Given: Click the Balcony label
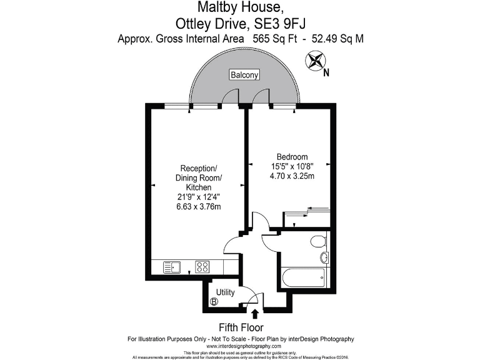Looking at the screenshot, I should (x=244, y=75).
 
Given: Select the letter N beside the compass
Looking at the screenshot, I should (x=326, y=71).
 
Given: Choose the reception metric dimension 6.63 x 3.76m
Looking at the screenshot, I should (x=198, y=207).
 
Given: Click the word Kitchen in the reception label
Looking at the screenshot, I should (x=198, y=187).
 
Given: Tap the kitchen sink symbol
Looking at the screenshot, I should (x=172, y=267).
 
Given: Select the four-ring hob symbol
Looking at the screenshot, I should (x=202, y=267).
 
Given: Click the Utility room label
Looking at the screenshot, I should (x=226, y=292).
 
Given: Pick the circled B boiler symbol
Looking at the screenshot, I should (x=214, y=302).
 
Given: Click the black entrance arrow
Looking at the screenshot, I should (x=255, y=314).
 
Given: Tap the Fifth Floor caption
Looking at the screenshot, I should (x=241, y=327).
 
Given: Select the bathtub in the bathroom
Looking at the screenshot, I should (x=303, y=277).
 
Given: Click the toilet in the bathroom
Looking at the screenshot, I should (x=319, y=241).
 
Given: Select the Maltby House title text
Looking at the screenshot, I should (x=240, y=8).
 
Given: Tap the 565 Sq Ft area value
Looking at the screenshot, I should (x=273, y=39).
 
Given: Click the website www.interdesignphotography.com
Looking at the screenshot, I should (x=240, y=346).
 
